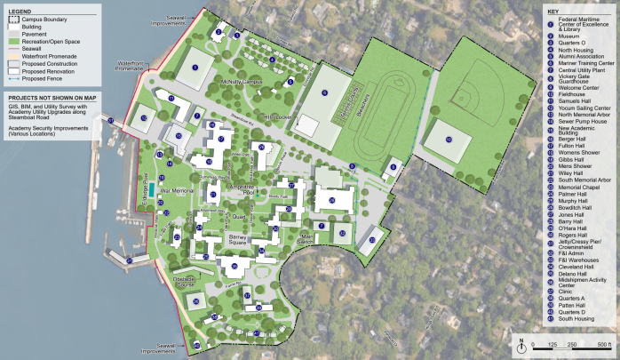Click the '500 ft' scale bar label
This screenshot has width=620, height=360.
(604, 344)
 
